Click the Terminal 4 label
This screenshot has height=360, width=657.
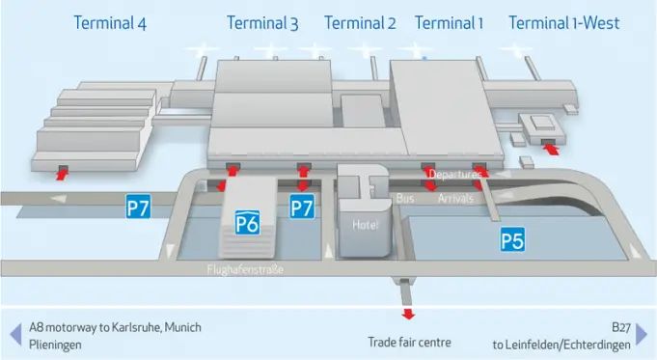coord(111,23)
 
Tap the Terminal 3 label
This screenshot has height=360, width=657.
coord(262,23)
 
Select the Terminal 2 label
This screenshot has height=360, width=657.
coord(360,23)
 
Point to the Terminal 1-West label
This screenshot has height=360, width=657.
coord(564,23)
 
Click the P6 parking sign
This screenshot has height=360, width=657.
coord(247,224)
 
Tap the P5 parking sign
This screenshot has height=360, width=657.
coord(512,240)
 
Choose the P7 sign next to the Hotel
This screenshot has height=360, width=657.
coord(303,207)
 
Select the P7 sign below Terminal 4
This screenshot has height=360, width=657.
coord(139,207)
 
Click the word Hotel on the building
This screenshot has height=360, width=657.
coord(366,225)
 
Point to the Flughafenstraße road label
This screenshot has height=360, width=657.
coord(245,269)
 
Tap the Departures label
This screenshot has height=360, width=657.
coord(454,175)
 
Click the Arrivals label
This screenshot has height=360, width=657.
coord(455,199)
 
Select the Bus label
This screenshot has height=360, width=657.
coord(405,198)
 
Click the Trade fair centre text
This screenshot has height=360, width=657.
coord(409,342)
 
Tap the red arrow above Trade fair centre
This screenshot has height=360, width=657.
coord(408,313)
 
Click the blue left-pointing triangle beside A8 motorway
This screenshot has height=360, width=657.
coord(14,334)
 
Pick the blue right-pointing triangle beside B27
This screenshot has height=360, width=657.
coord(642,334)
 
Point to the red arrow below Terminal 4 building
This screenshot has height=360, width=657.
coord(64,173)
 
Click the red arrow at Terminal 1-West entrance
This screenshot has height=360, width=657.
coord(551,149)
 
